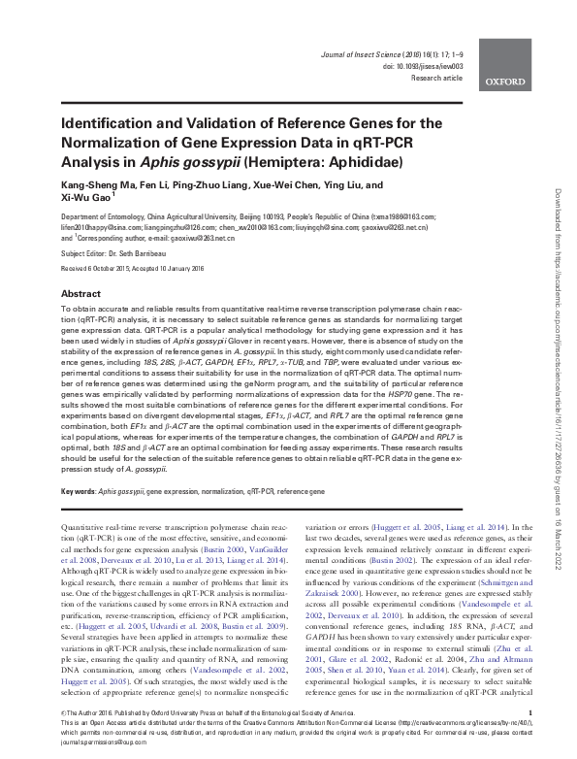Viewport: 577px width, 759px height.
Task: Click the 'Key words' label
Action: [x=77, y=494]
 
